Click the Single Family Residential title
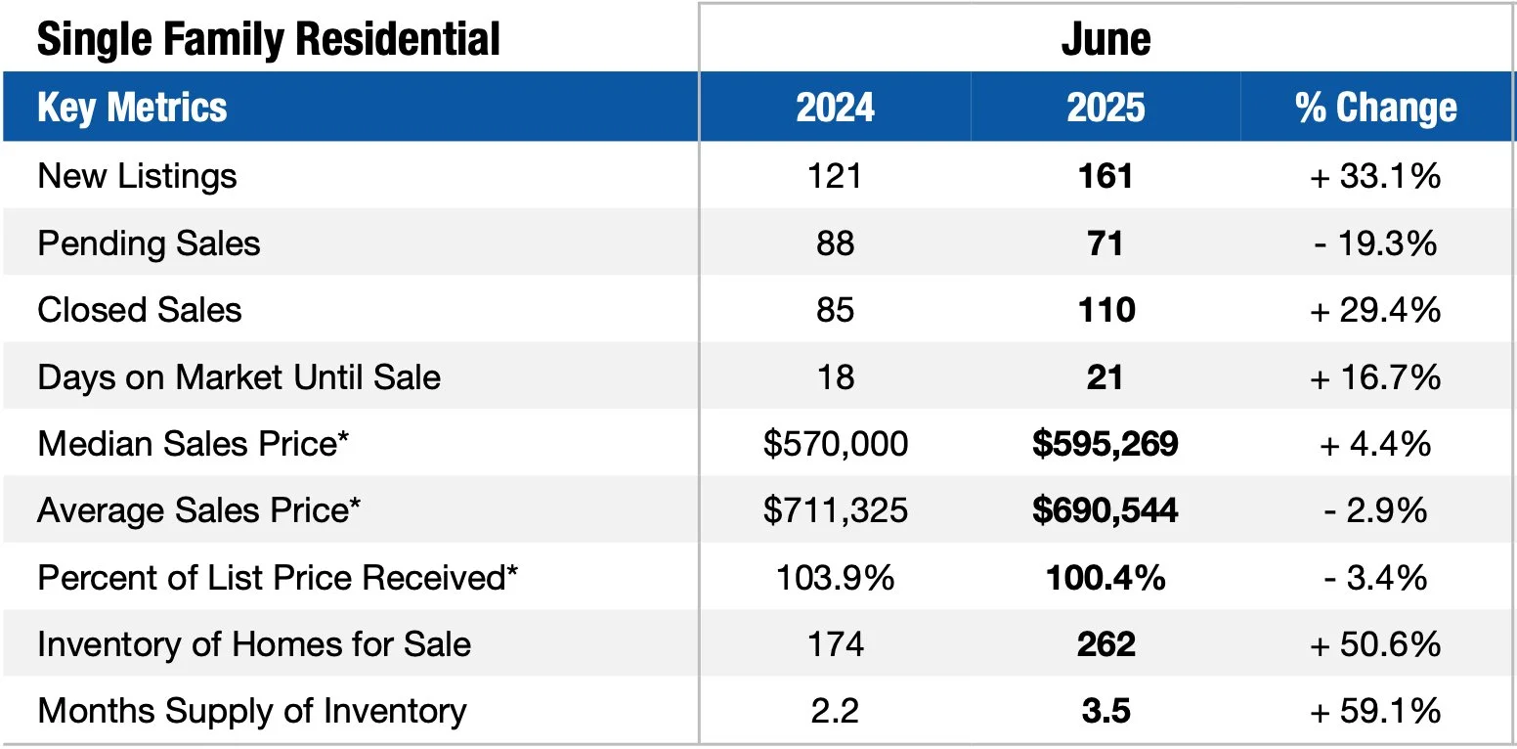point(268,39)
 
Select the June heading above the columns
point(1105,39)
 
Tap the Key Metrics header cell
point(132,108)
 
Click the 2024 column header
point(835,108)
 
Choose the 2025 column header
point(1105,108)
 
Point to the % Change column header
point(1376,108)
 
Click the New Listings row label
point(137,176)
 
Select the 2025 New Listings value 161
point(1105,176)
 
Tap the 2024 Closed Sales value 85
point(835,310)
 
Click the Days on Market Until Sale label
point(238,376)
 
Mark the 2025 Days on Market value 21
point(1105,376)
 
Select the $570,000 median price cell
point(835,444)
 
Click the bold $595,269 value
point(1105,444)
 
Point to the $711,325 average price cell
point(835,510)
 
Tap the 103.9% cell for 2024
point(835,578)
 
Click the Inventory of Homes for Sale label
point(254,644)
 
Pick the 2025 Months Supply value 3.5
point(1105,711)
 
